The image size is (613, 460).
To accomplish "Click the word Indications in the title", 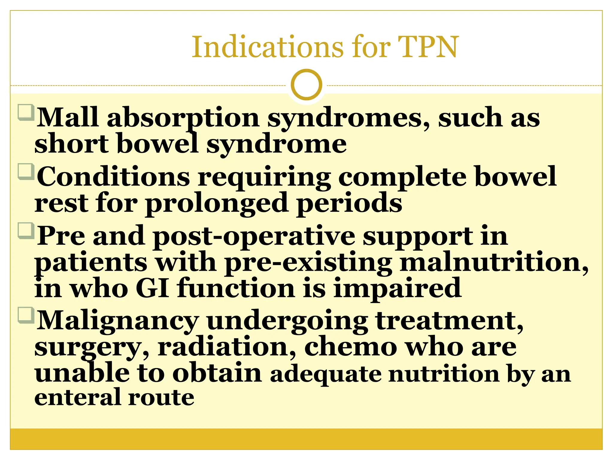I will coord(267,47).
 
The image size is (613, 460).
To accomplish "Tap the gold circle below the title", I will coord(306,84).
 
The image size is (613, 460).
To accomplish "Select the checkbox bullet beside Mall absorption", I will coord(26,112).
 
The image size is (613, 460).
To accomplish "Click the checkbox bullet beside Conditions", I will coord(26,171).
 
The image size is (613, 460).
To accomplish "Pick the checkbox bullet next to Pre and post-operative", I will coord(26,230).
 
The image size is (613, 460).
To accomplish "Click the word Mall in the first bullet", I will coord(67,117).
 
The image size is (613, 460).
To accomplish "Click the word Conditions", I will coord(113,177).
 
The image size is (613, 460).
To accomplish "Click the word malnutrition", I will coord(494,262).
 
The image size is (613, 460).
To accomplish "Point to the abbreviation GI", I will coord(152,288).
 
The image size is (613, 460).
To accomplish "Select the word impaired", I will coord(397,288).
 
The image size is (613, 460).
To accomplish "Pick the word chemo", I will coord(350,347).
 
